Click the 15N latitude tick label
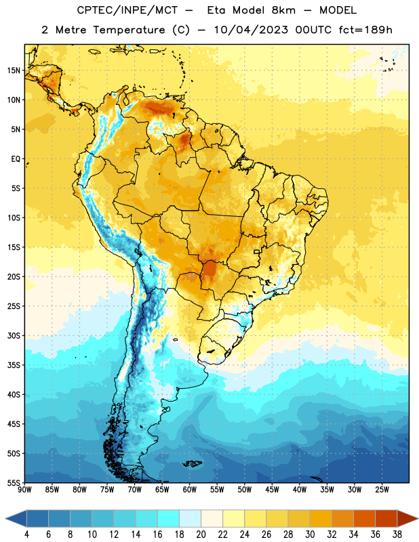pyautogui.click(x=14, y=70)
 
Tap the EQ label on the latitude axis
pyautogui.click(x=16, y=159)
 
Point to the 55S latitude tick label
pyautogui.click(x=14, y=483)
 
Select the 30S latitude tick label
pyautogui.click(x=14, y=335)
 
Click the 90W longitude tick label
pyautogui.click(x=24, y=490)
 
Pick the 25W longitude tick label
pyautogui.click(x=382, y=490)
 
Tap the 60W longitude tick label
pyautogui.click(x=190, y=490)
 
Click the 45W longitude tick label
pyautogui.click(x=272, y=490)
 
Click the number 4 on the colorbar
pyautogui.click(x=26, y=535)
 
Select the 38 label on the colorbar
pyautogui.click(x=397, y=535)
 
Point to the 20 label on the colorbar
pyautogui.click(x=201, y=535)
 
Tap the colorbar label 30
pyautogui.click(x=310, y=535)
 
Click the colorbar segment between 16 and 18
pyautogui.click(x=169, y=518)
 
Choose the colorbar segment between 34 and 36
pyautogui.click(x=364, y=518)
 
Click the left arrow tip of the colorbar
pyautogui.click(x=5, y=518)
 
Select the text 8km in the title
pyautogui.click(x=283, y=10)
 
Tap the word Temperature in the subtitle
pyautogui.click(x=129, y=30)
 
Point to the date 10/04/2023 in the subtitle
pyautogui.click(x=251, y=30)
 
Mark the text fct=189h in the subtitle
pyautogui.click(x=365, y=30)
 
